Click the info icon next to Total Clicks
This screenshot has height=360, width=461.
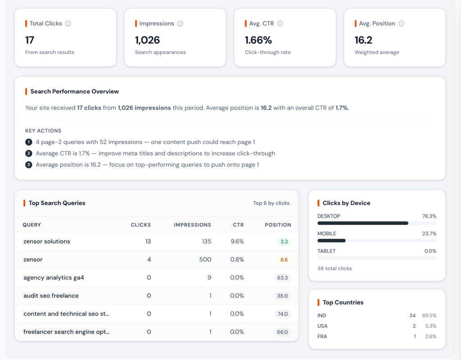pos(68,23)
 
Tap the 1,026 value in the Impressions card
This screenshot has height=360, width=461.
pos(147,40)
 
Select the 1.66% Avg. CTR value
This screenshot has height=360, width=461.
pos(258,40)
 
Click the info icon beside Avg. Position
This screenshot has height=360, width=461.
pos(401,23)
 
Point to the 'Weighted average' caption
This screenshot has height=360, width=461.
pos(376,52)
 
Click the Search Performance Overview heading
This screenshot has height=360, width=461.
pos(74,91)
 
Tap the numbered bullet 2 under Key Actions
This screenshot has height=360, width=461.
pos(29,154)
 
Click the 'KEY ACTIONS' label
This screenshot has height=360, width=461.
pos(43,131)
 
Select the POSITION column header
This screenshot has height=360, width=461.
pos(278,225)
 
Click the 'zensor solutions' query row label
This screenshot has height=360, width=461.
pos(47,242)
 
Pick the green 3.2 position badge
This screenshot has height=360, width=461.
pos(284,242)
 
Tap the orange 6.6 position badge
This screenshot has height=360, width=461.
pos(284,260)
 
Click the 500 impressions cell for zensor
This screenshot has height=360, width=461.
pos(206,260)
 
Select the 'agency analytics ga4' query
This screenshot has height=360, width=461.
pos(54,278)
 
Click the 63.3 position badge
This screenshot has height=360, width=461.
pos(282,278)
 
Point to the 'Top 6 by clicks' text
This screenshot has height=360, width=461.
pos(271,203)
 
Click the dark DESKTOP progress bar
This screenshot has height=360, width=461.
pos(362,223)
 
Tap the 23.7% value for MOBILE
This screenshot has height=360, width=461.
pos(429,234)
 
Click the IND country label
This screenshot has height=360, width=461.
pos(321,315)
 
